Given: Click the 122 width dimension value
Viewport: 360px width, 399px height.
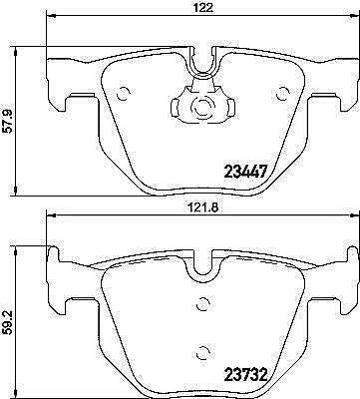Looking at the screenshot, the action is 205,8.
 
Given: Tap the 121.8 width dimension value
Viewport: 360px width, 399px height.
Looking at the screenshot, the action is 201,207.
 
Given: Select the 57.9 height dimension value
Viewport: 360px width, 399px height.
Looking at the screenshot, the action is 8,122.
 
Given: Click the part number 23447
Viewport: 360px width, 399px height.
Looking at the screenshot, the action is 246,173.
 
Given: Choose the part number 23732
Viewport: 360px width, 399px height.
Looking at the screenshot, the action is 246,375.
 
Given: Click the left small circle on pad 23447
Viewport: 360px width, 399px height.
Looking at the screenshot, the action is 124,94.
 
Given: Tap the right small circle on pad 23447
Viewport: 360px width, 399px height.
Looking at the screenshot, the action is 283,94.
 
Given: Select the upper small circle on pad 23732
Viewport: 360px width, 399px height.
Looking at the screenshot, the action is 202,303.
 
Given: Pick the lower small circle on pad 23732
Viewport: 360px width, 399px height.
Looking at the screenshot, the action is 202,352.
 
